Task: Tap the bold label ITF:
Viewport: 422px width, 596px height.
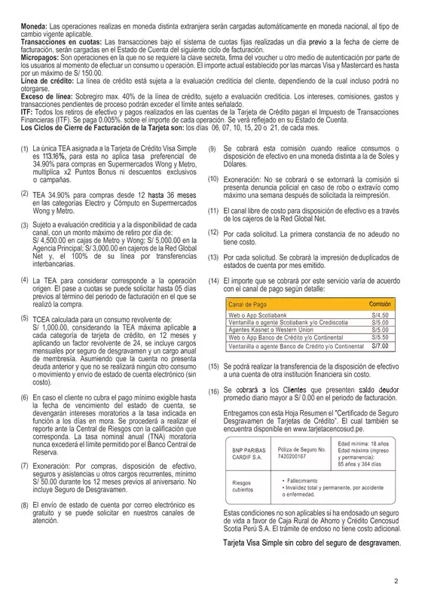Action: tap(22, 110)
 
